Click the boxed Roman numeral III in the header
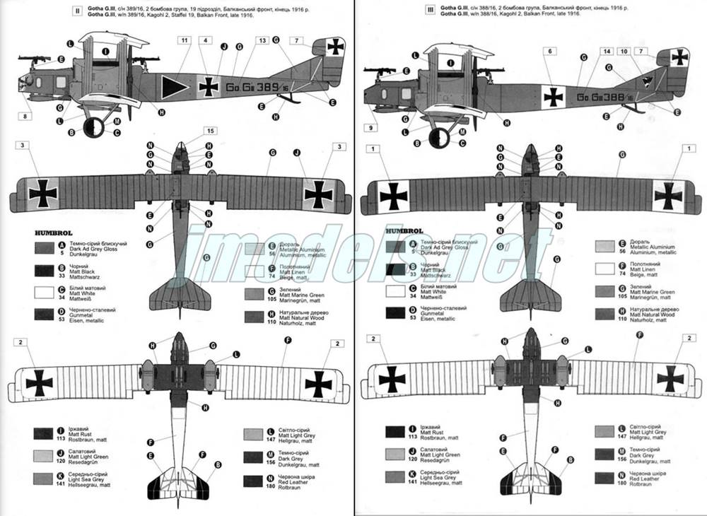click(430, 11)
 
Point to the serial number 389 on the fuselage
click(267, 87)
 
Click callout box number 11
click(185, 41)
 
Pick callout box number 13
click(262, 41)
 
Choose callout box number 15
click(210, 131)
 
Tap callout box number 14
click(607, 51)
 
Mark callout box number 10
click(624, 51)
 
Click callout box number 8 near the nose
click(26, 117)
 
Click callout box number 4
click(204, 41)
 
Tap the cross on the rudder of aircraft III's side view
click(679, 57)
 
